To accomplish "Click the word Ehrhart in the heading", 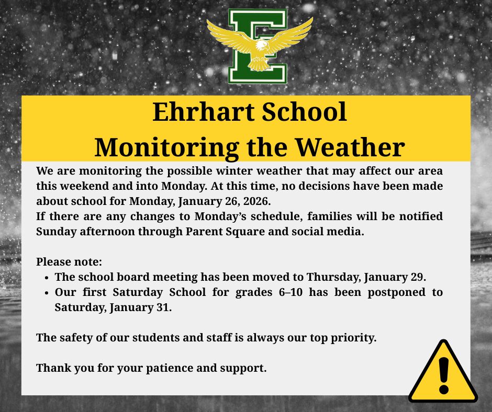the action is point(203,111).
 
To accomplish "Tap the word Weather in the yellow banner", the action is point(350,147).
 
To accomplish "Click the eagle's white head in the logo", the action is point(262,45).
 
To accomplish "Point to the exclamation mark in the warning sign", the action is point(444,375).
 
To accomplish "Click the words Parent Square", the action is point(225,232).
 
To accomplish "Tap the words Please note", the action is point(69,262).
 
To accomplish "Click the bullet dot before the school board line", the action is point(47,278).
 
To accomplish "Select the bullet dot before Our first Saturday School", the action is point(47,293).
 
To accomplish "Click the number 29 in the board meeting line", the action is point(418,277).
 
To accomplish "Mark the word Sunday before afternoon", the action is point(56,232).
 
